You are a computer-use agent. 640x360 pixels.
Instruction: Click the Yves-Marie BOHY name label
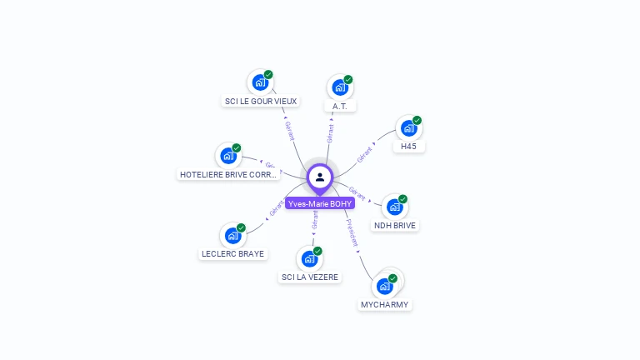(320, 203)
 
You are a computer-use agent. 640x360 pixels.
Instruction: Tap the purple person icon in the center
(320, 177)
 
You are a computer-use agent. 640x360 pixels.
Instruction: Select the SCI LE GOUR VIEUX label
(261, 102)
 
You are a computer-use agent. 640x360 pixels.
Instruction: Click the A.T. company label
(339, 107)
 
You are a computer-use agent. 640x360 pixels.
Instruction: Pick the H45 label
(408, 147)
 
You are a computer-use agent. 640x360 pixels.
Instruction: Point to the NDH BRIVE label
(395, 225)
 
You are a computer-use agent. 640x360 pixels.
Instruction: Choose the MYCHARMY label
(384, 305)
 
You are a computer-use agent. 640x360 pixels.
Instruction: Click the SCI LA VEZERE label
(310, 277)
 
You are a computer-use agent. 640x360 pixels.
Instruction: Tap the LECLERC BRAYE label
(232, 254)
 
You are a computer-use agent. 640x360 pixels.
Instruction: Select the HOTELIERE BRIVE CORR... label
(227, 175)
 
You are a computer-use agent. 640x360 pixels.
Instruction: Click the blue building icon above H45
(408, 127)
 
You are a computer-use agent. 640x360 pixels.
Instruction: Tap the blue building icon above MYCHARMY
(384, 286)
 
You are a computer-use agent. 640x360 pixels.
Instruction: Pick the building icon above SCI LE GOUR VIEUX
(260, 82)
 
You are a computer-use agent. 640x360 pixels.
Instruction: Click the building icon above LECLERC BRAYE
(232, 235)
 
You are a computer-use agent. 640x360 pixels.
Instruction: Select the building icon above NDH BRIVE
(394, 207)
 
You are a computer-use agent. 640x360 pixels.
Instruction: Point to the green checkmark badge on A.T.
(348, 80)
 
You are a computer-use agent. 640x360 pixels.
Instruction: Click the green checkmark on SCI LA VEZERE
(317, 251)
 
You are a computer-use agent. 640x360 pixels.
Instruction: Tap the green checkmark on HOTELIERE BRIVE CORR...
(237, 147)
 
